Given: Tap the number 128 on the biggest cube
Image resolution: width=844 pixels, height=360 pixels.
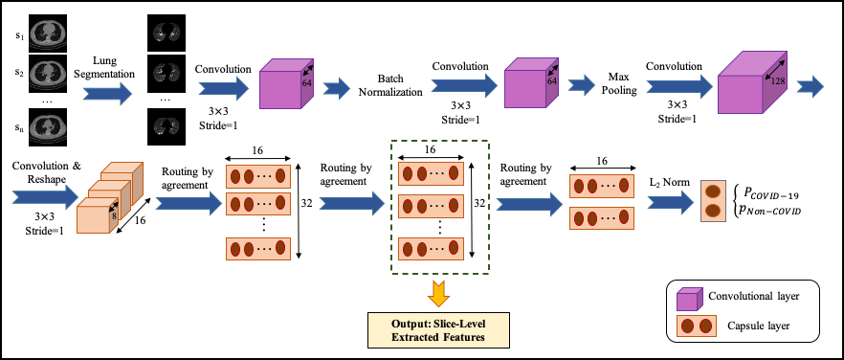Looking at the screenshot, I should [777, 82].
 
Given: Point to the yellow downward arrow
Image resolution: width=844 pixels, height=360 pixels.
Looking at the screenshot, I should [439, 292].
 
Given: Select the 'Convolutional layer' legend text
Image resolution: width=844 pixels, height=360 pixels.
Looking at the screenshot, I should [753, 296].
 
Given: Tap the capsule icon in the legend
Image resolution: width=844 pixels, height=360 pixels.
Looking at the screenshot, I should [697, 326].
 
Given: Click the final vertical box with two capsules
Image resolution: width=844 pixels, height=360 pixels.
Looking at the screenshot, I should [713, 201].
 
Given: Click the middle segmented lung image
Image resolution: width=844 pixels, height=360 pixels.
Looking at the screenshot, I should [167, 72].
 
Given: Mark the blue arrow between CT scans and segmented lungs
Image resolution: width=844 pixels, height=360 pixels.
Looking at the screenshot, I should [107, 94].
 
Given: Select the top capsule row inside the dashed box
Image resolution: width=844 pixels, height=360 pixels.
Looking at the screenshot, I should [431, 173].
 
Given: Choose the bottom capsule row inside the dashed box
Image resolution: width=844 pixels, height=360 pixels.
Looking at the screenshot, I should [431, 249].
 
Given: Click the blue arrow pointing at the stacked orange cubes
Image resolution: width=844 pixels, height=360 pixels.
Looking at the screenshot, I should [45, 197].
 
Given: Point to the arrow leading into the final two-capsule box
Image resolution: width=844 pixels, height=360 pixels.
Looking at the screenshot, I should [671, 202].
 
